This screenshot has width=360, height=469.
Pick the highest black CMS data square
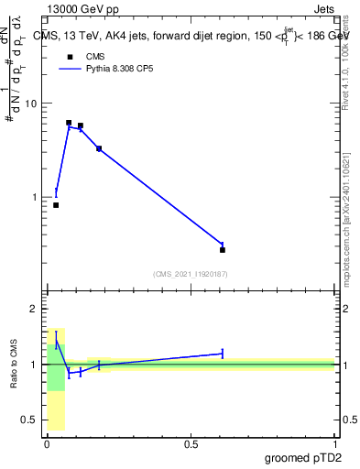click(x=69, y=123)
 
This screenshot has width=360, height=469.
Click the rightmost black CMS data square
click(x=223, y=249)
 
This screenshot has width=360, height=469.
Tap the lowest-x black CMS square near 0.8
click(x=56, y=205)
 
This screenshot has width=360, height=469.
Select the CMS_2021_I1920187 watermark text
click(x=191, y=274)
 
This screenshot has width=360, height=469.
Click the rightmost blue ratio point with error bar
click(x=223, y=353)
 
